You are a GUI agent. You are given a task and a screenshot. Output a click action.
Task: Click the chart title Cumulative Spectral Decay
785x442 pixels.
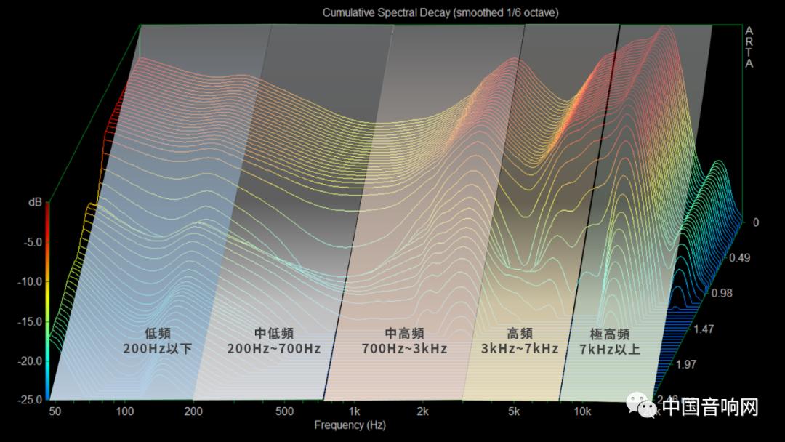pyautogui.click(x=440, y=12)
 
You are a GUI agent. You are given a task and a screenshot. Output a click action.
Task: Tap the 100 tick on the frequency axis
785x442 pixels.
pyautogui.click(x=126, y=411)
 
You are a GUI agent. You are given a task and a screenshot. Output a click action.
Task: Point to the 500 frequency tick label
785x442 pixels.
pyautogui.click(x=284, y=411)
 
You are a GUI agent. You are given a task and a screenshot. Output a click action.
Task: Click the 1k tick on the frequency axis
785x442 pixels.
pyautogui.click(x=355, y=411)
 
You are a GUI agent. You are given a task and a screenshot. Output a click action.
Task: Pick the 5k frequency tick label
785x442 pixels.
pyautogui.click(x=515, y=411)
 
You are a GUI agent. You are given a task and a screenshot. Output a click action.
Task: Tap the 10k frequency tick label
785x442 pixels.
pyautogui.click(x=581, y=411)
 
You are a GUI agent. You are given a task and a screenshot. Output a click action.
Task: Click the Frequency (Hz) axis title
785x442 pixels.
pyautogui.click(x=350, y=425)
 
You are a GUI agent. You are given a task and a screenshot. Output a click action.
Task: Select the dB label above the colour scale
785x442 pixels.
pyautogui.click(x=35, y=203)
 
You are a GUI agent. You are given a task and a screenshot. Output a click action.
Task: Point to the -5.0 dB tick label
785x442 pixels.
pyautogui.click(x=33, y=242)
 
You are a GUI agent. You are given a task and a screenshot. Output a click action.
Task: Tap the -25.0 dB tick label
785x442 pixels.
pyautogui.click(x=31, y=400)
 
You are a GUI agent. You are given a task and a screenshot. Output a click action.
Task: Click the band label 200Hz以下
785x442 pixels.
pyautogui.click(x=158, y=349)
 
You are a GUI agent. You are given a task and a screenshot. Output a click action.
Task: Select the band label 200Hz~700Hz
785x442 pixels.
pyautogui.click(x=274, y=349)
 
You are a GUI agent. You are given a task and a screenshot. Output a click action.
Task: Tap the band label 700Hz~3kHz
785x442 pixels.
pyautogui.click(x=404, y=349)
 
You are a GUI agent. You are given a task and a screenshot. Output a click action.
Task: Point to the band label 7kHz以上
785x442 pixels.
pyautogui.click(x=610, y=349)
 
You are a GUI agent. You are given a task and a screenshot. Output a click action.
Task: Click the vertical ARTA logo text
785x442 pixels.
pyautogui.click(x=749, y=47)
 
